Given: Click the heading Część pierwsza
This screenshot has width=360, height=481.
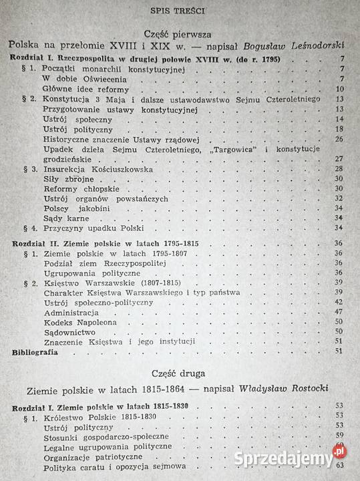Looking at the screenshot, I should pos(178,34).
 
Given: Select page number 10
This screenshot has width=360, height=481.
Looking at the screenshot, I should pos(340,88).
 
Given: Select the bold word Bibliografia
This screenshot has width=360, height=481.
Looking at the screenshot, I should pos(35,351).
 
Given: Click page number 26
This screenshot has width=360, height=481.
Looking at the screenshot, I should pos(339,138).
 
